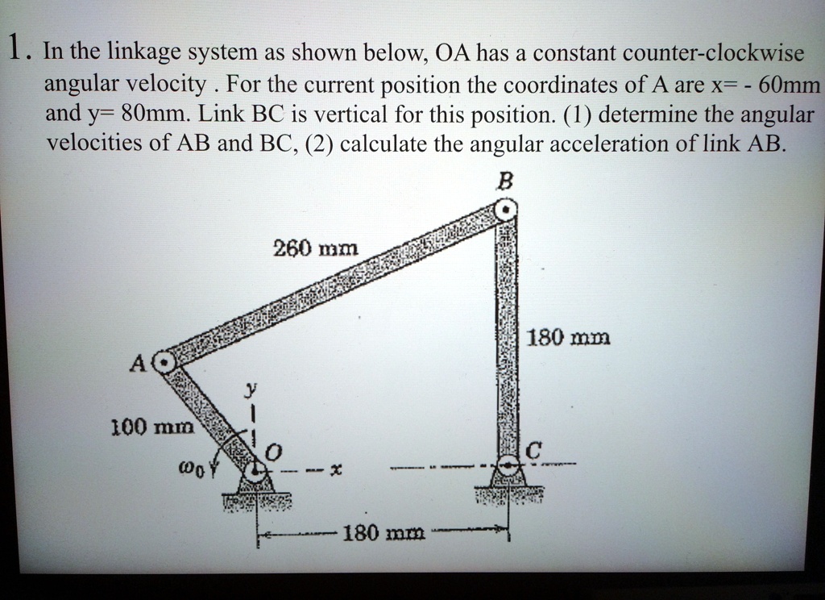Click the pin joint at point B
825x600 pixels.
pos(505,210)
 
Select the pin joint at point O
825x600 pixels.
pos(256,470)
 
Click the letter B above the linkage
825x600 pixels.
pos(505,182)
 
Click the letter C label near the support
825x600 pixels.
pos(529,452)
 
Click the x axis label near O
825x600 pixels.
pos(335,469)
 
